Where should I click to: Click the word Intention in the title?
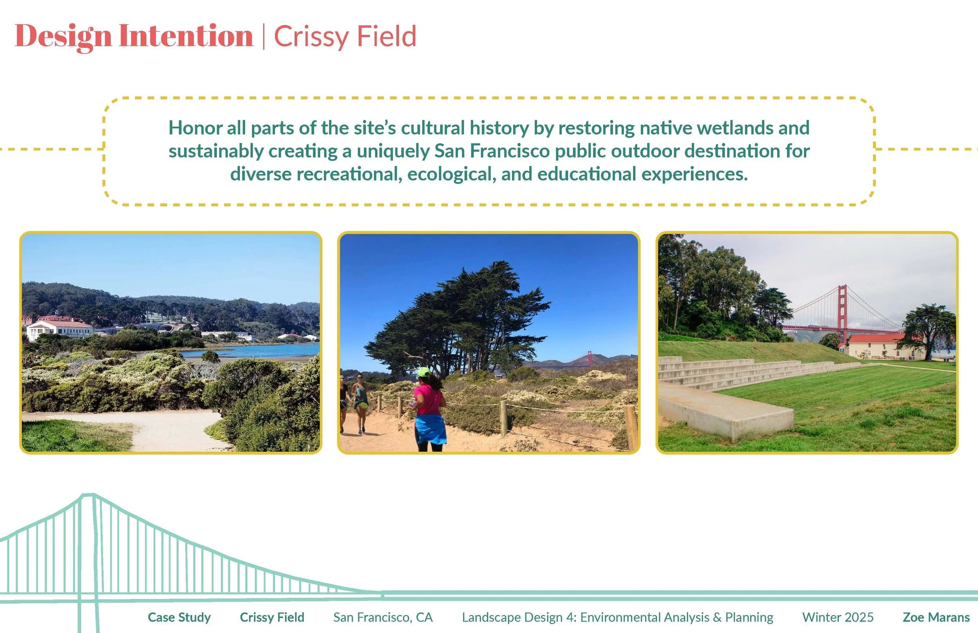(186, 36)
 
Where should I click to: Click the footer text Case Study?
(179, 617)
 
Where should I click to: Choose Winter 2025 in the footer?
(838, 617)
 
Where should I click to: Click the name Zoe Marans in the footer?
(936, 617)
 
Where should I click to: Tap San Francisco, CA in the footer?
(383, 617)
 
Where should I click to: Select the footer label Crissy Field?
(271, 617)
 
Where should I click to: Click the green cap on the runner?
(424, 372)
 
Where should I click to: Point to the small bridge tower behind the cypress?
(590, 358)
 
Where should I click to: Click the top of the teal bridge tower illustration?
(87, 496)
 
